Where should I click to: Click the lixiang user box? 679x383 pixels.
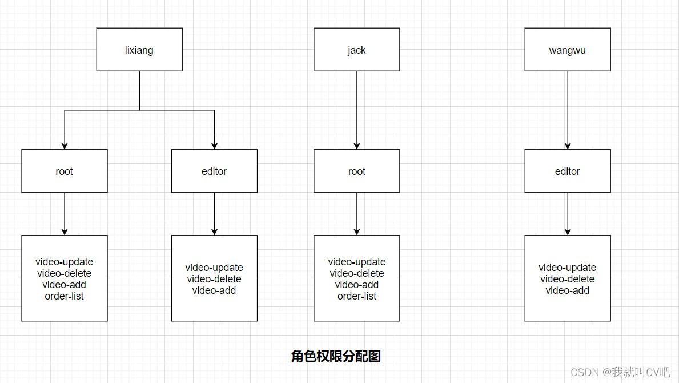click(x=139, y=50)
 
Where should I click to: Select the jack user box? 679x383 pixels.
click(x=356, y=50)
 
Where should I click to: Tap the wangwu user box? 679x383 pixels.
click(x=567, y=50)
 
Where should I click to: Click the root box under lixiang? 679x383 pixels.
click(x=65, y=171)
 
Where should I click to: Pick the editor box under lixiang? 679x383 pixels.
click(x=214, y=171)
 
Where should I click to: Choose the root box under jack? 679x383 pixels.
click(x=356, y=171)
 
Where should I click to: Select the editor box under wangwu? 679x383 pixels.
click(x=567, y=171)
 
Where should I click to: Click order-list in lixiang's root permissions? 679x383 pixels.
click(x=65, y=296)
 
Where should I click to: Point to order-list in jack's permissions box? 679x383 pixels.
click(x=356, y=296)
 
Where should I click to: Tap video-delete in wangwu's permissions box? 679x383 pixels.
click(x=567, y=279)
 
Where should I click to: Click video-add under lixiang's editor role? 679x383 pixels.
click(x=214, y=290)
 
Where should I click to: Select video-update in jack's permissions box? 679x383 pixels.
click(x=356, y=262)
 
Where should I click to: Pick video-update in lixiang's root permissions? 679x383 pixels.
click(x=65, y=262)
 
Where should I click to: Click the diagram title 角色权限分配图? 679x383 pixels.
click(x=336, y=357)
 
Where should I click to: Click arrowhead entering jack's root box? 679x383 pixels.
click(x=357, y=146)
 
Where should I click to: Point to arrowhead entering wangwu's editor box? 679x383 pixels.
click(x=568, y=146)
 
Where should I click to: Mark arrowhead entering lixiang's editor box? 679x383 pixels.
click(x=215, y=146)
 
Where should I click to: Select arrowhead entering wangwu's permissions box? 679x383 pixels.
click(x=568, y=232)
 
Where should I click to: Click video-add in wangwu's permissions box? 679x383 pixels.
click(x=567, y=290)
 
